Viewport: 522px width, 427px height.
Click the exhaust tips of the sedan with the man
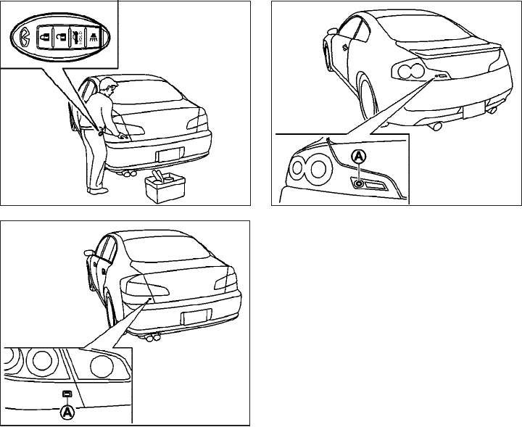point(132,174)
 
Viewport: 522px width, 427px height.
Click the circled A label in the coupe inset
point(357,156)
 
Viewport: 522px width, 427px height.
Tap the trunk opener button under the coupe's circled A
point(359,183)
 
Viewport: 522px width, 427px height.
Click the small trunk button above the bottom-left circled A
point(67,394)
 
